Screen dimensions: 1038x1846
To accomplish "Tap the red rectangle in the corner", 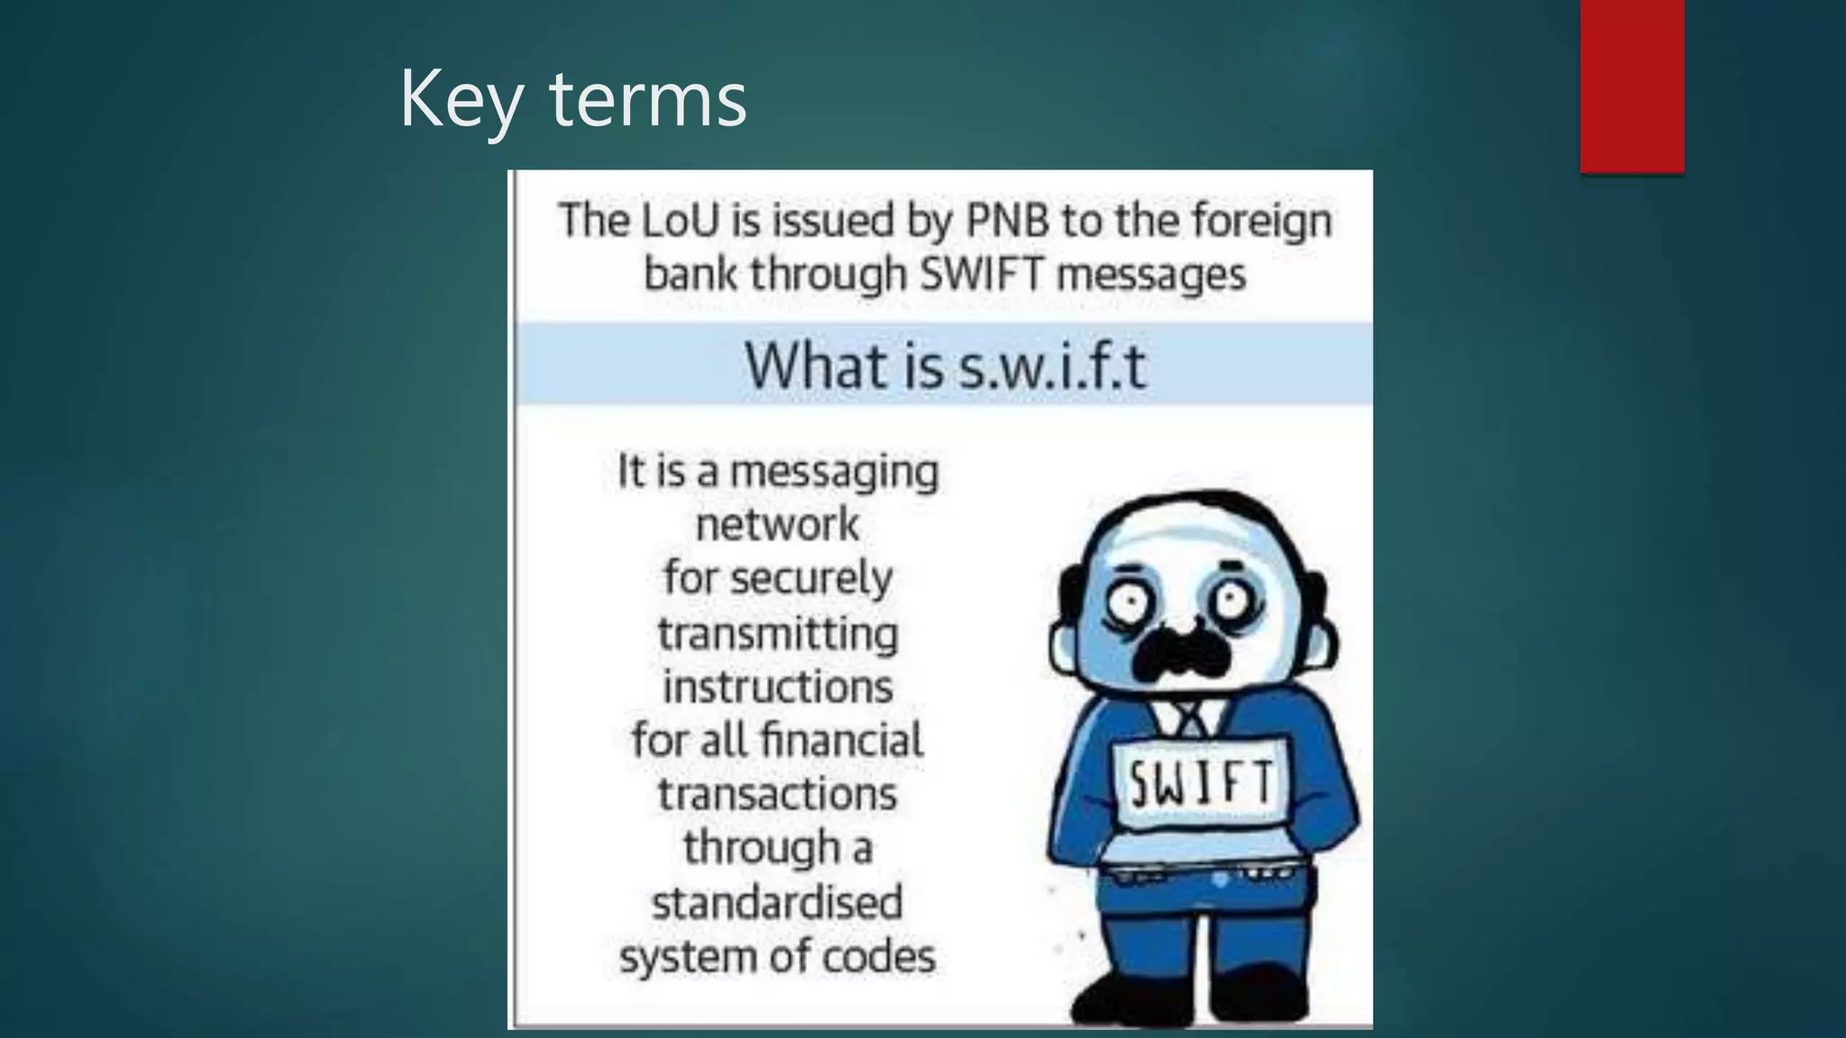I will [1631, 86].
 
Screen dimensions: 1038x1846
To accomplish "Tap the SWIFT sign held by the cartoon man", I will [1202, 782].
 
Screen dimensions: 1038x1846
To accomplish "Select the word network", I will [778, 524].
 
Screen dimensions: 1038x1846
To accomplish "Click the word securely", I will [823, 578].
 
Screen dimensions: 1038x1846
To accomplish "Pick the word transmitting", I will [778, 633].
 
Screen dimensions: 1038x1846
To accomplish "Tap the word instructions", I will [778, 687].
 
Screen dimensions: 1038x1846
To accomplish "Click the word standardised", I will [777, 902].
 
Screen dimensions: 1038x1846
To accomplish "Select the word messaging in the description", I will [834, 472].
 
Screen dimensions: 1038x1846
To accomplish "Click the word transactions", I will [777, 794].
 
